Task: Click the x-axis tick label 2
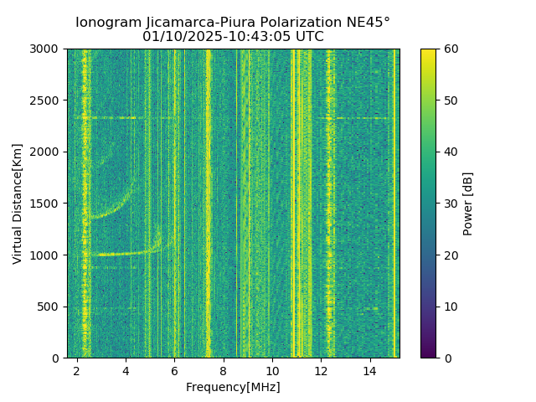pyautogui.click(x=77, y=369)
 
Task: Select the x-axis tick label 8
pyautogui.click(x=224, y=369)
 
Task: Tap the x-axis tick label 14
pyautogui.click(x=370, y=369)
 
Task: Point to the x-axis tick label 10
pyautogui.click(x=272, y=369)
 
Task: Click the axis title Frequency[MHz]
pyautogui.click(x=233, y=387)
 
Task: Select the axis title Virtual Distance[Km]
pyautogui.click(x=18, y=204)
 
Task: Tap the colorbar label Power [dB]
pyautogui.click(x=468, y=204)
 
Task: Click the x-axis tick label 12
pyautogui.click(x=321, y=369)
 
